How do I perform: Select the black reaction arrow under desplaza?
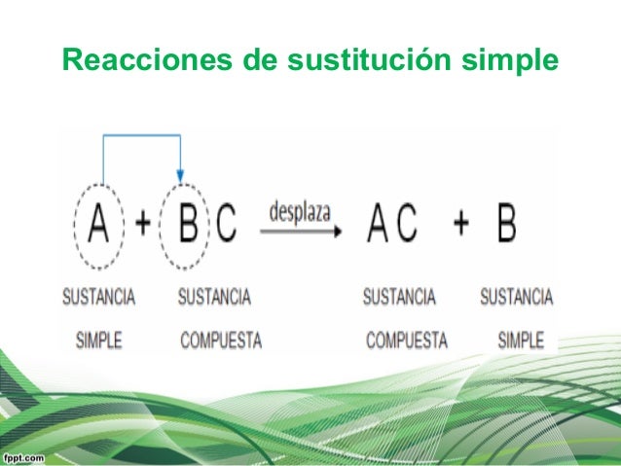(x=301, y=232)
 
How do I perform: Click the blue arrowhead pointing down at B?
(x=180, y=173)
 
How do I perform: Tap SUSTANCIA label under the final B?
(x=516, y=296)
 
